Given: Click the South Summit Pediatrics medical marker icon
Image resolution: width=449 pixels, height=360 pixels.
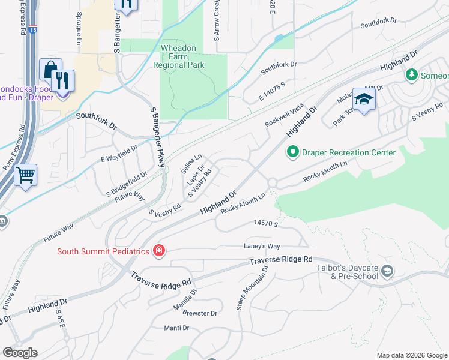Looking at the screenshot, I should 159,251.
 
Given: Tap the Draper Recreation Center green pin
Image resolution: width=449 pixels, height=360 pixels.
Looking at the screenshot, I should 293,152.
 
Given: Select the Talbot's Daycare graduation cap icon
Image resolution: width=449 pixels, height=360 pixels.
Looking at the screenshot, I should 387,271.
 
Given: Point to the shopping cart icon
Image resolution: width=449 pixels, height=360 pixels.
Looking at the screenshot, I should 26,176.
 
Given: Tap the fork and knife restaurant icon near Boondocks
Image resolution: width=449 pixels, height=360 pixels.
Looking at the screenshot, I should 62,80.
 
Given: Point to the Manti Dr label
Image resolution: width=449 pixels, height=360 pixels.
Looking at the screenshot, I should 177,328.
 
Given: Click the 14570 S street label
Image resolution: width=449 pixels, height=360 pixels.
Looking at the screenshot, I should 264,223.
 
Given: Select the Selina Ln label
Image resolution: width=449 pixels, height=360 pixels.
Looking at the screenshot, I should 192,164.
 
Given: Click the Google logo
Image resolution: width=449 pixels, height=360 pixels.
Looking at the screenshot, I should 20,353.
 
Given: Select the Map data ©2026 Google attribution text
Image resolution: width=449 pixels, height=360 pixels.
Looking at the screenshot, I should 412,355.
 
